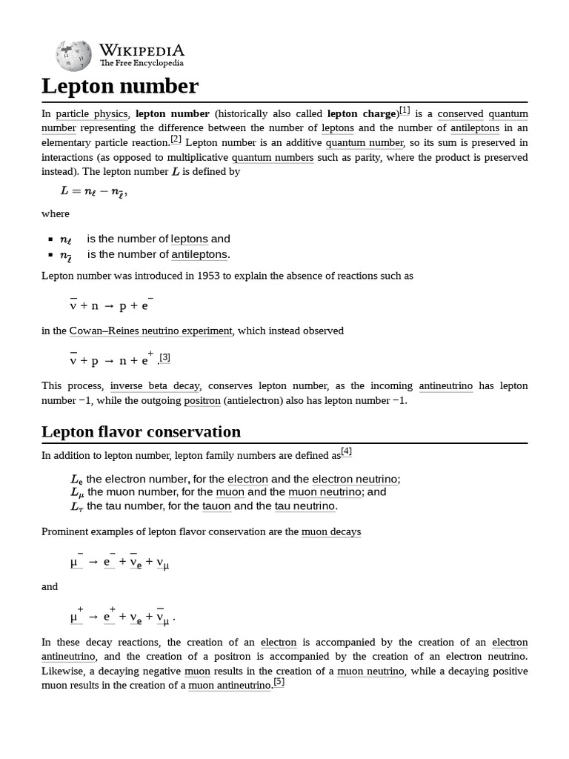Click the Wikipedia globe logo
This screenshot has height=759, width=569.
click(73, 56)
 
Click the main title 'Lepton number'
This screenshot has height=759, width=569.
click(120, 86)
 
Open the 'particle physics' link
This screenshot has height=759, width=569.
click(93, 114)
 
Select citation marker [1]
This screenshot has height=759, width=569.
click(404, 110)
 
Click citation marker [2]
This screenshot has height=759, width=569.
click(176, 139)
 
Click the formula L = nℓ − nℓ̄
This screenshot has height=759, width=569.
click(94, 191)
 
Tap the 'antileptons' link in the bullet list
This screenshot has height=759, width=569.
click(200, 254)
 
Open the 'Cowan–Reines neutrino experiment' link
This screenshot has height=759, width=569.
click(150, 331)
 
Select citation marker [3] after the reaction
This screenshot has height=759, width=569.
click(165, 357)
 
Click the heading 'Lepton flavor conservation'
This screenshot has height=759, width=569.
click(141, 431)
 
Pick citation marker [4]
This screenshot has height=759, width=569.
click(346, 451)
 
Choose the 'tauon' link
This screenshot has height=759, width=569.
click(217, 506)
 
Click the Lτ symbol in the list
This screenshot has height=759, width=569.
click(77, 507)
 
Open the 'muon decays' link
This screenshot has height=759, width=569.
click(331, 531)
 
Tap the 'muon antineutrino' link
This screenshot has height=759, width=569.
click(230, 685)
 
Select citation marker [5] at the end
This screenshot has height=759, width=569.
click(279, 682)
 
